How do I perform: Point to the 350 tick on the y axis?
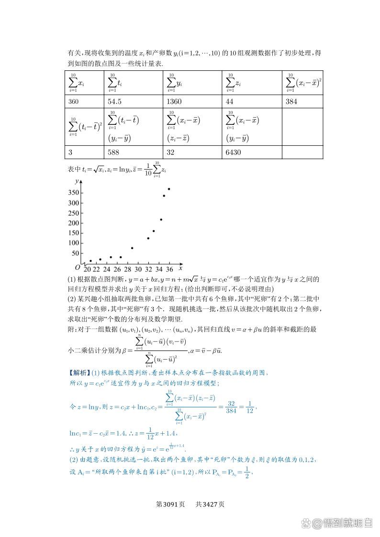pos(73,193)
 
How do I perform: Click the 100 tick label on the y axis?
pos(73,243)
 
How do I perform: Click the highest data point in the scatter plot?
pos(169,189)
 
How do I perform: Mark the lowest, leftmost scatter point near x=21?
pos(90,261)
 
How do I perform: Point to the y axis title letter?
pos(77,181)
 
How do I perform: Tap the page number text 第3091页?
pos(171,504)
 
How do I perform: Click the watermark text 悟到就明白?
pos(346,523)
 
